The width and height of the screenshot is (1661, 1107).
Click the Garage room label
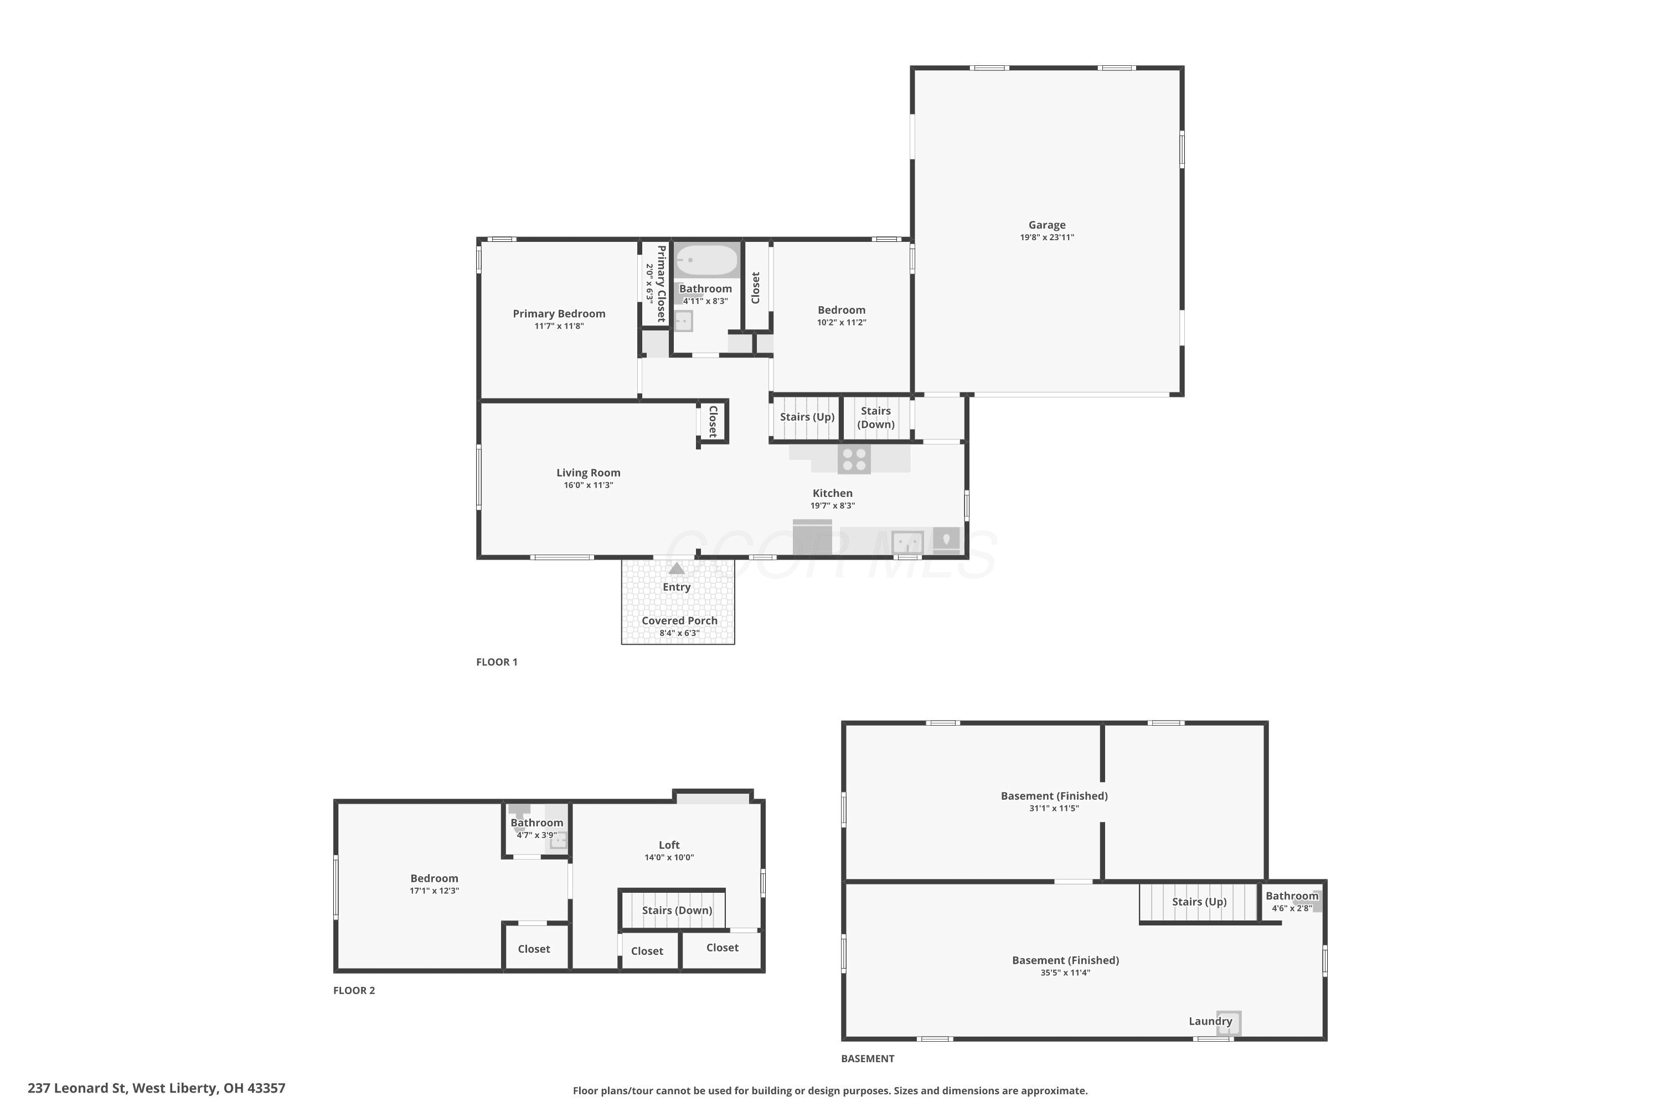tap(1046, 225)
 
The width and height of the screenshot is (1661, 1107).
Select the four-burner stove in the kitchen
tap(854, 459)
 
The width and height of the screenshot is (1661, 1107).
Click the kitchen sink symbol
tap(907, 543)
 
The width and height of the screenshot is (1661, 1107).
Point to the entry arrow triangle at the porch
tap(677, 568)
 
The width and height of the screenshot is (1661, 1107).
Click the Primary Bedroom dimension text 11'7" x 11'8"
tap(559, 326)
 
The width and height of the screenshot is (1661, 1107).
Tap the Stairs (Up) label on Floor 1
tap(807, 417)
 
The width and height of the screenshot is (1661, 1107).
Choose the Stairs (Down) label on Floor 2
tap(677, 911)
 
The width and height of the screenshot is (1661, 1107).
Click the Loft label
tap(669, 845)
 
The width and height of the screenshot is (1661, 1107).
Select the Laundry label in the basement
tap(1210, 1022)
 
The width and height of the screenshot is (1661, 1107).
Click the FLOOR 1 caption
tap(497, 662)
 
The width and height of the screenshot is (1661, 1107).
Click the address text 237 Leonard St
tap(77, 1088)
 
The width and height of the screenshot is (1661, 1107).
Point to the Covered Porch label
tap(679, 621)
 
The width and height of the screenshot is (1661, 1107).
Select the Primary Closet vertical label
tap(661, 284)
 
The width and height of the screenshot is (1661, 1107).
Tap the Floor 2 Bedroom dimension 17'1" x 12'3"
tap(434, 891)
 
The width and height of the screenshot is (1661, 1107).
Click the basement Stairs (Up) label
tap(1199, 902)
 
